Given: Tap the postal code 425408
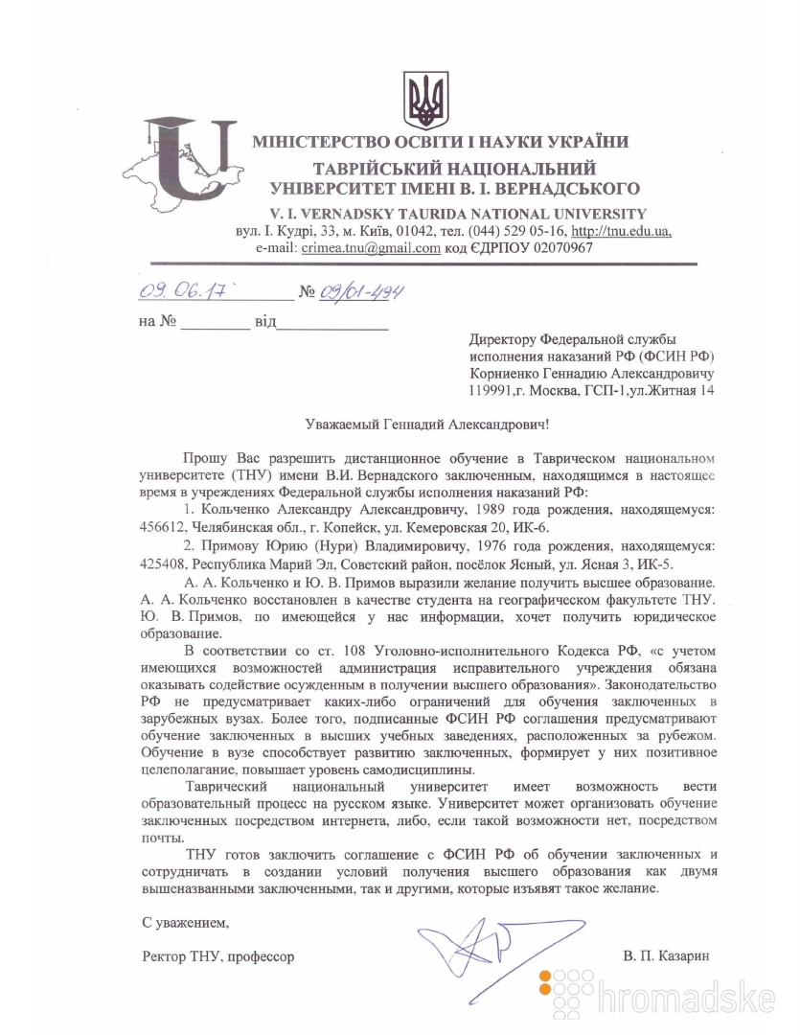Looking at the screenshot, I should (x=162, y=562).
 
